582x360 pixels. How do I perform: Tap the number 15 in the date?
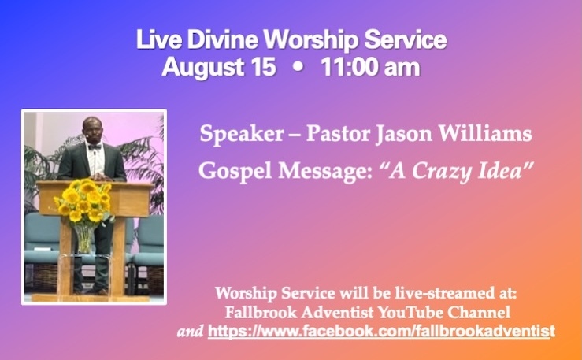(263, 67)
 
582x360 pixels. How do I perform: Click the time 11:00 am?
(370, 67)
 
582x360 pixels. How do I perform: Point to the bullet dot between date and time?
(298, 68)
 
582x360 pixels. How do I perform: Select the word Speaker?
(242, 135)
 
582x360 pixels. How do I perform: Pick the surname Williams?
(485, 133)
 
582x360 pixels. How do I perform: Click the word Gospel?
(235, 172)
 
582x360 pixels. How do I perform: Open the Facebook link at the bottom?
(381, 331)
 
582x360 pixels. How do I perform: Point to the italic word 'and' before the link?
(190, 331)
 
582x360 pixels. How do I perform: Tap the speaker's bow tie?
(95, 147)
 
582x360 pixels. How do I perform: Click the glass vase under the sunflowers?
(84, 238)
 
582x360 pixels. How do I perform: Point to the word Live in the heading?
(159, 39)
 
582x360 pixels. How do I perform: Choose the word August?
(202, 68)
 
